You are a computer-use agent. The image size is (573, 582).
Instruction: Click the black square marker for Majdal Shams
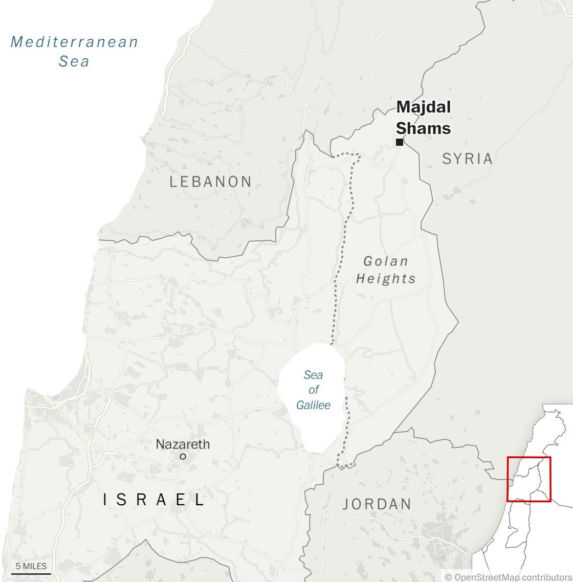pyautogui.click(x=400, y=142)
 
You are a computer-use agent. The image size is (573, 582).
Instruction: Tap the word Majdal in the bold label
pyautogui.click(x=424, y=107)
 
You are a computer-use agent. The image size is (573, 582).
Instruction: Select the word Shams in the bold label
pyautogui.click(x=424, y=128)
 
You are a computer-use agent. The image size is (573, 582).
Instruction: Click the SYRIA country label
pyautogui.click(x=467, y=159)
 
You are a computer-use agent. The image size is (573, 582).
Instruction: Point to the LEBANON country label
pyautogui.click(x=210, y=182)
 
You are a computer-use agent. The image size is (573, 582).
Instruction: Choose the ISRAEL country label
pyautogui.click(x=154, y=500)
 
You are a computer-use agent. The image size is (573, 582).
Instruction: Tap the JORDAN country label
pyautogui.click(x=377, y=504)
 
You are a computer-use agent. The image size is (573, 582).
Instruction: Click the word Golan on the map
pyautogui.click(x=386, y=261)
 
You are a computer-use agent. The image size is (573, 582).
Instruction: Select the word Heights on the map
pyautogui.click(x=386, y=279)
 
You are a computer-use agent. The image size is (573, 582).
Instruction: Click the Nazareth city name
pyautogui.click(x=183, y=444)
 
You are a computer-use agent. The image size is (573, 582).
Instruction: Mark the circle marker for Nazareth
pyautogui.click(x=183, y=456)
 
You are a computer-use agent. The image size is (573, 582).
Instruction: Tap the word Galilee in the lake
pyautogui.click(x=313, y=405)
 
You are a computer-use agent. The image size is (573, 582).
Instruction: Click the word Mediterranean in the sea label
pyautogui.click(x=75, y=42)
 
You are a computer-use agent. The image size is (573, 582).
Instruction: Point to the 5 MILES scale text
pyautogui.click(x=31, y=566)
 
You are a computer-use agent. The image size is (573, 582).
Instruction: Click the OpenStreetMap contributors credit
pyautogui.click(x=508, y=577)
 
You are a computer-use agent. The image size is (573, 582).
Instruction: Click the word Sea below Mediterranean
pyautogui.click(x=74, y=61)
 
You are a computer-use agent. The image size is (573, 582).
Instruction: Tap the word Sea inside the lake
pyautogui.click(x=313, y=375)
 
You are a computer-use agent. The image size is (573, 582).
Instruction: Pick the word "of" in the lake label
pyautogui.click(x=314, y=390)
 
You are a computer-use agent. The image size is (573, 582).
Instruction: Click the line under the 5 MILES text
pyautogui.click(x=31, y=574)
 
